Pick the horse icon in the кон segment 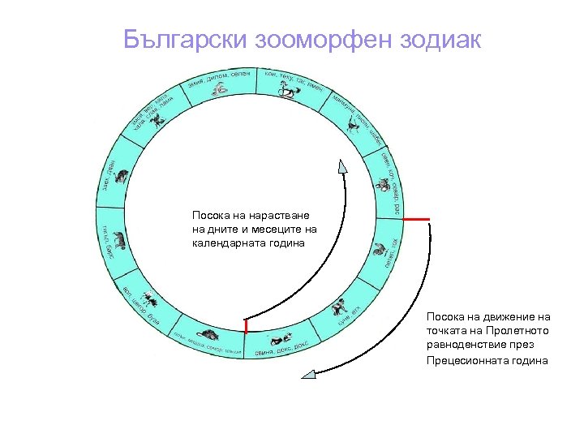289,92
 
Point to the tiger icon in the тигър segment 119,240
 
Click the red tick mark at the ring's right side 416,220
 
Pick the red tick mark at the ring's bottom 245,326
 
